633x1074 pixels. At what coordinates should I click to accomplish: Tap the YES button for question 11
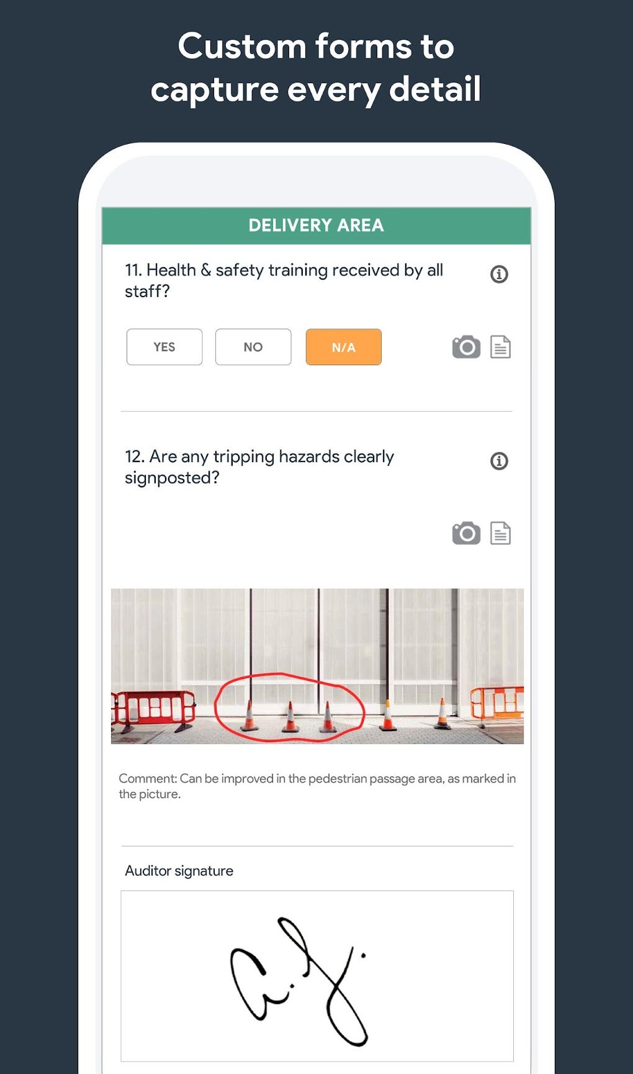pyautogui.click(x=164, y=347)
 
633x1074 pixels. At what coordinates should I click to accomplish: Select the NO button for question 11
pyautogui.click(x=253, y=347)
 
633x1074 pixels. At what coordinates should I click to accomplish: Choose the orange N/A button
pyautogui.click(x=343, y=347)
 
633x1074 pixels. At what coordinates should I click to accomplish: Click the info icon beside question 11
pyautogui.click(x=499, y=274)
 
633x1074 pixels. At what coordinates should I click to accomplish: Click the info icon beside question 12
pyautogui.click(x=499, y=461)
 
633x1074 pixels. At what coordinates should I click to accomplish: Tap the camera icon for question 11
pyautogui.click(x=466, y=347)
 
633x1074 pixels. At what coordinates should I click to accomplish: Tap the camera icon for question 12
pyautogui.click(x=466, y=533)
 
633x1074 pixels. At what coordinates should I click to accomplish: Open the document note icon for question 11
pyautogui.click(x=500, y=347)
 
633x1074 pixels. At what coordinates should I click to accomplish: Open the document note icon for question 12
pyautogui.click(x=500, y=533)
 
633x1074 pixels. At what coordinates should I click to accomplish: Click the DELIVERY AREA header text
pyautogui.click(x=316, y=226)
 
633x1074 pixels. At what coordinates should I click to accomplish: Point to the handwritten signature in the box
pyautogui.click(x=298, y=980)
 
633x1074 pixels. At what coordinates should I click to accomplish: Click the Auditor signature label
pyautogui.click(x=179, y=871)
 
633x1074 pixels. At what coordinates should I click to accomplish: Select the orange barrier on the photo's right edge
pyautogui.click(x=498, y=704)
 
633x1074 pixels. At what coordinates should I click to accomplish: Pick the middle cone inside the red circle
pyautogui.click(x=290, y=718)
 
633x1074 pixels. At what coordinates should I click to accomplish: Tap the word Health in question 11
pyautogui.click(x=171, y=270)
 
